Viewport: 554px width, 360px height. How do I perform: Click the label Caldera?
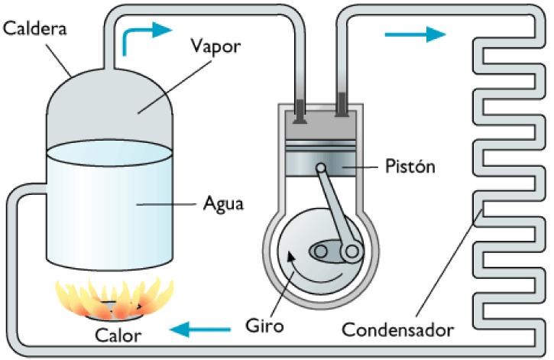click(36, 30)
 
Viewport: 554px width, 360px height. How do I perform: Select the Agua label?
click(223, 204)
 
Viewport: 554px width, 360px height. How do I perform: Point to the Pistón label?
click(409, 166)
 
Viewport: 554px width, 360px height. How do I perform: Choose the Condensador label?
click(397, 330)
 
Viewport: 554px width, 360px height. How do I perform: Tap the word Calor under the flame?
click(118, 335)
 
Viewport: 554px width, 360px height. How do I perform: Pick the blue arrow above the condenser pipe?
click(414, 34)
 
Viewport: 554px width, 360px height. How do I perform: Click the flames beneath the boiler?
click(115, 298)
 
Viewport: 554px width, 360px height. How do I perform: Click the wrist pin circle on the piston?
click(322, 168)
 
